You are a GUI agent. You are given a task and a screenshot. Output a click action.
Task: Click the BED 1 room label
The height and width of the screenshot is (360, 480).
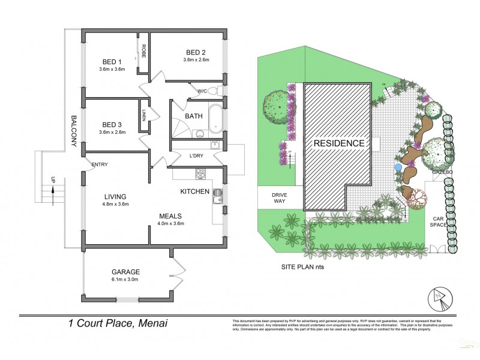coord(112,62)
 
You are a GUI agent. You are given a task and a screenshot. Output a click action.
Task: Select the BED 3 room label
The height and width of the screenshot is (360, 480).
coord(112,124)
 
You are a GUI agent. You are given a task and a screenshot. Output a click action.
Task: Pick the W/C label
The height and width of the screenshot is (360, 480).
coord(202,91)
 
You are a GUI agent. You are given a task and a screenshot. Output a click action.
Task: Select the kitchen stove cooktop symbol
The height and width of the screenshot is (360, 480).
coord(201,174)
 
